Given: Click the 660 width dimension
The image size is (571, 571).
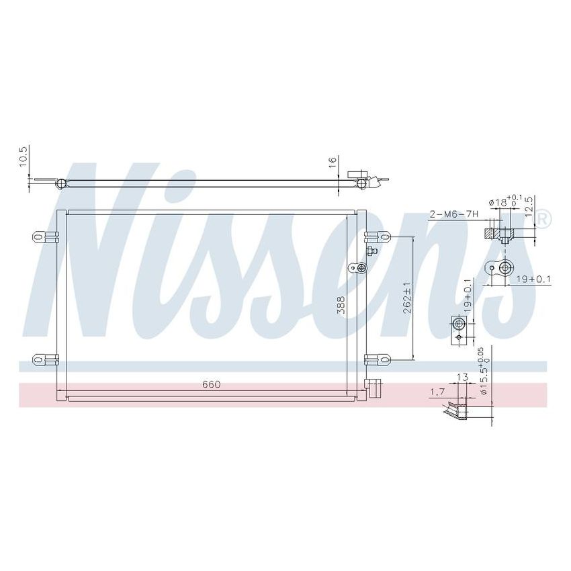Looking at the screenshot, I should click(x=211, y=384).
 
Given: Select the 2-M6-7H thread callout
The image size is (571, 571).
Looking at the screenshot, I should click(x=453, y=214).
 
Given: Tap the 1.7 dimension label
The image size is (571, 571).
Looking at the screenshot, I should click(x=437, y=390).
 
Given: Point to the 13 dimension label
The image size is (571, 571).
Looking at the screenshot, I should click(x=462, y=378).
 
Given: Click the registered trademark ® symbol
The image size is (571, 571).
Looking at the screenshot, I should click(x=544, y=218).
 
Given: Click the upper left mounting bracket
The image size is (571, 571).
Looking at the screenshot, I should click(x=44, y=236).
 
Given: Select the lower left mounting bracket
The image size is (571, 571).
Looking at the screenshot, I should click(x=44, y=358).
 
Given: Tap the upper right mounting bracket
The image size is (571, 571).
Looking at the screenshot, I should click(x=378, y=236).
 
